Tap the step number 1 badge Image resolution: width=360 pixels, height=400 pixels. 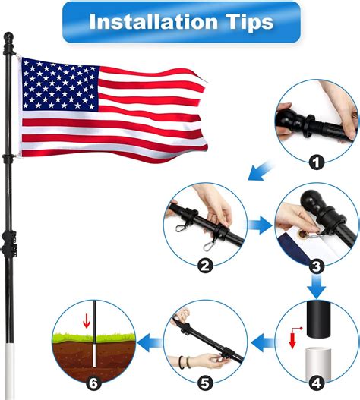click(315, 160)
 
